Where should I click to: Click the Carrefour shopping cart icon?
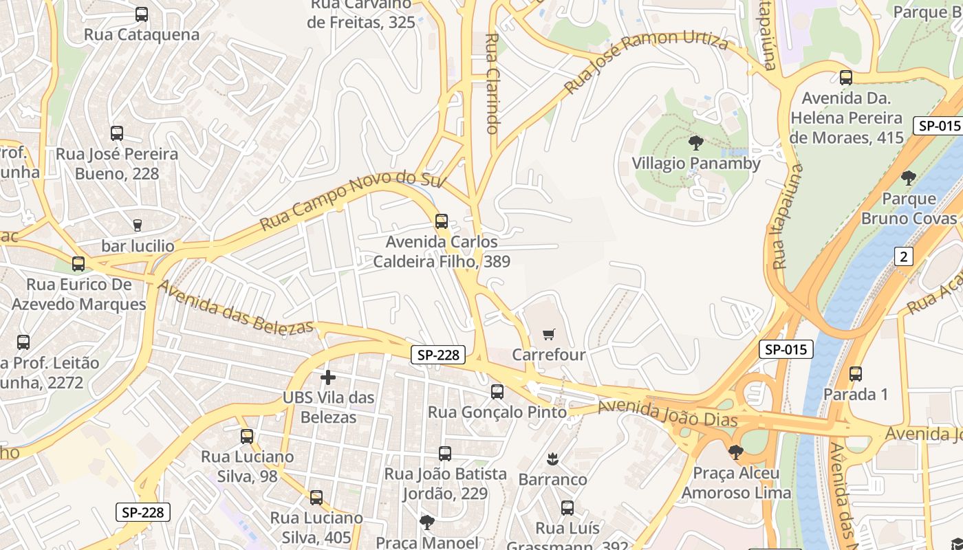[x=548, y=335]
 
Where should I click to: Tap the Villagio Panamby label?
[x=696, y=164]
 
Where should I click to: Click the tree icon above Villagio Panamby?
[x=696, y=143]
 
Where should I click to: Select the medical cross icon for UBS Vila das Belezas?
[x=328, y=377]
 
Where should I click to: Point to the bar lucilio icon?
[x=137, y=225]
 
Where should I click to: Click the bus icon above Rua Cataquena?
[x=142, y=14]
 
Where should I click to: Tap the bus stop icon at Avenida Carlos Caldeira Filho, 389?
[x=442, y=221]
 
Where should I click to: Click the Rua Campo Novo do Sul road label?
[x=353, y=200]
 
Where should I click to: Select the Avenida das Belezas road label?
[x=235, y=307]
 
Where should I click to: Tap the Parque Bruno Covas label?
[x=909, y=208]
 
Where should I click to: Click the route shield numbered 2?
[x=904, y=256]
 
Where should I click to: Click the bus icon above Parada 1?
[x=856, y=374]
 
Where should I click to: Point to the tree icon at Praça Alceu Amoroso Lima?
[x=736, y=452]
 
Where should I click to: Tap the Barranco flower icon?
[x=552, y=458]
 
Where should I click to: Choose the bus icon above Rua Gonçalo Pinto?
[x=497, y=392]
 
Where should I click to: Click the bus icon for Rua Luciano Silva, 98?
[x=247, y=436]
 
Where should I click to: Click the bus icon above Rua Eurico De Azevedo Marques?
[x=78, y=263]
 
